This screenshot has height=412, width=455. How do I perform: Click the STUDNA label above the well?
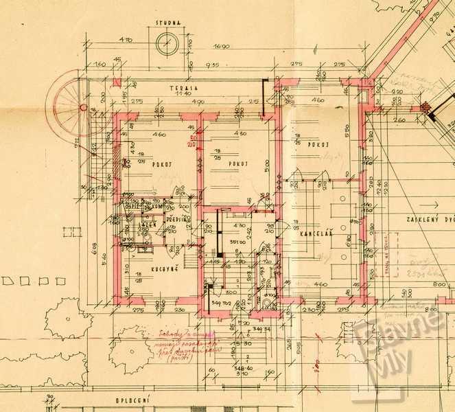click(x=167, y=23)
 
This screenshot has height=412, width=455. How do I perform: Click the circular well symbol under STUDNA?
click(x=167, y=44)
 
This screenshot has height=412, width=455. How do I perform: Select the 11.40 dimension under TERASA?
click(x=185, y=94)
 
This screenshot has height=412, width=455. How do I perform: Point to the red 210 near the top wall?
click(x=192, y=142)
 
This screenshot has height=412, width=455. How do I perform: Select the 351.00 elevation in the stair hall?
click(x=238, y=241)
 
